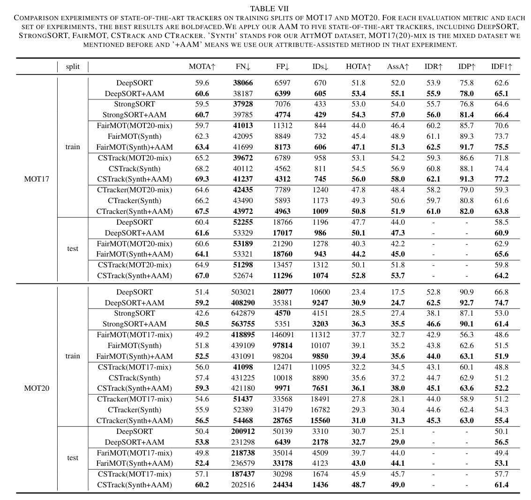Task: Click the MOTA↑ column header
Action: (x=202, y=67)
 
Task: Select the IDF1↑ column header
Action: (x=501, y=67)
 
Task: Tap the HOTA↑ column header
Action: (x=359, y=67)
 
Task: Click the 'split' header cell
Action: (x=73, y=67)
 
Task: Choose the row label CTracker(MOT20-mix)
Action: (x=135, y=190)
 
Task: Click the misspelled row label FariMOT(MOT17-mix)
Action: (x=135, y=453)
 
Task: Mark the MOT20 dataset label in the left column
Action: (x=37, y=388)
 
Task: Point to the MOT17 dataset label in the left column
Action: (x=37, y=179)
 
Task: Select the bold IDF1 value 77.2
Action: (x=501, y=179)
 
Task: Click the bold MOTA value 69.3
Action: (x=202, y=179)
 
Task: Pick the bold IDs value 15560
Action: (x=321, y=421)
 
